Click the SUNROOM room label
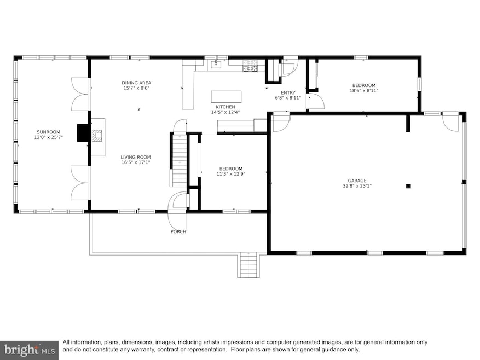(48, 132)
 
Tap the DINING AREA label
(136, 83)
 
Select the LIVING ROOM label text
(136, 158)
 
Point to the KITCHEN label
(225, 107)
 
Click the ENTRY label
(288, 93)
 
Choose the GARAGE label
(357, 181)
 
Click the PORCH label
(178, 232)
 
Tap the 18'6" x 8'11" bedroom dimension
(364, 91)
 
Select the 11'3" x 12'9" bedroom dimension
(231, 174)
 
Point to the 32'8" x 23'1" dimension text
(357, 186)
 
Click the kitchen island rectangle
(226, 97)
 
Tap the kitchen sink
(216, 65)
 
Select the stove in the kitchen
(250, 66)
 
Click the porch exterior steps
(248, 265)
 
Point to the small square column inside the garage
(408, 186)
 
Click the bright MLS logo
(29, 350)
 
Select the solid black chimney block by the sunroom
(83, 133)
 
